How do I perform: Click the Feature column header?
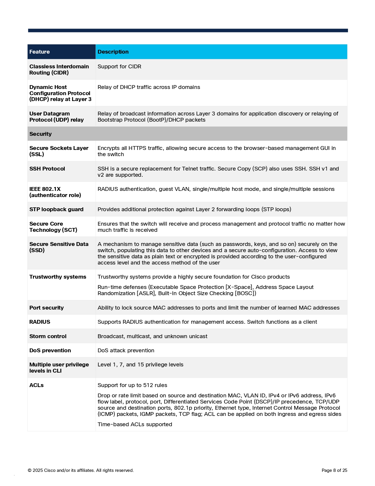pyautogui.click(x=39, y=52)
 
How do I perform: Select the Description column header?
pyautogui.click(x=113, y=52)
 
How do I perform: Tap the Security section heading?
pyautogui.click(x=41, y=134)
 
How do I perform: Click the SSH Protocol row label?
pyautogui.click(x=47, y=169)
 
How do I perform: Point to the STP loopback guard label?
pyautogui.click(x=56, y=209)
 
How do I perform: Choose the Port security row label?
pyautogui.click(x=46, y=308)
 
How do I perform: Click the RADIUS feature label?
pyautogui.click(x=40, y=322)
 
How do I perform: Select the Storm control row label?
pyautogui.click(x=48, y=336)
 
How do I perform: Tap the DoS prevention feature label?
pyautogui.click(x=50, y=351)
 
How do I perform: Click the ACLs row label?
pyautogui.click(x=36, y=385)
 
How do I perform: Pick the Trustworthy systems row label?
pyautogui.click(x=58, y=277)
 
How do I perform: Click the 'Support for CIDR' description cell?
pyautogui.click(x=119, y=67)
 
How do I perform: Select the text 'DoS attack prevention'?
pyautogui.click(x=126, y=351)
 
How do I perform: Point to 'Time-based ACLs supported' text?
pyautogui.click(x=135, y=424)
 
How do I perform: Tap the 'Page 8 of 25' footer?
pyautogui.click(x=334, y=470)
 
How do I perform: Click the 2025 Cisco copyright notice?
pyautogui.click(x=81, y=470)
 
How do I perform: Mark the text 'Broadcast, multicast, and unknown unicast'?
pyautogui.click(x=152, y=336)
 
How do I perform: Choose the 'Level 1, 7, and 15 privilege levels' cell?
pyautogui.click(x=140, y=365)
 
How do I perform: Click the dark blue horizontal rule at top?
pyautogui.click(x=188, y=30)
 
